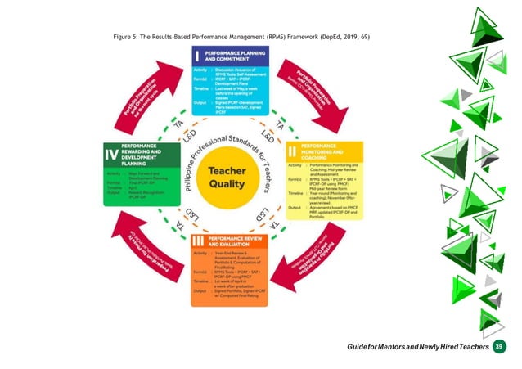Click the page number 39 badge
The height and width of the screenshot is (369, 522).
click(498, 347)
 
